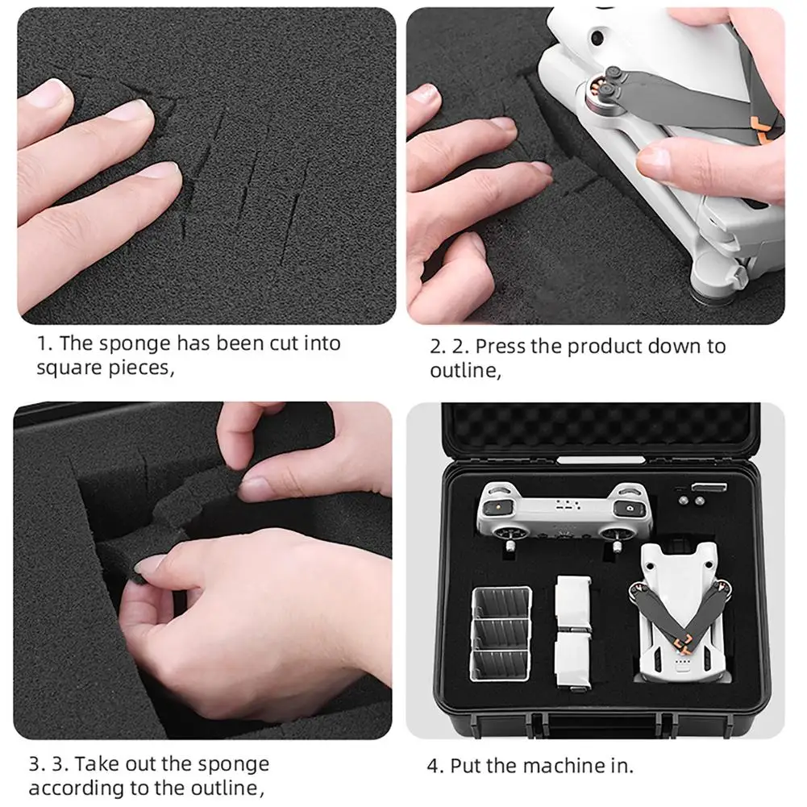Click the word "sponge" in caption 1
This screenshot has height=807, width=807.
pyautogui.click(x=135, y=344)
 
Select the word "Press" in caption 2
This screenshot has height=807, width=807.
pyautogui.click(x=501, y=347)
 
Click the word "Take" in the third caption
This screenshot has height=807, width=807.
pyautogui.click(x=97, y=763)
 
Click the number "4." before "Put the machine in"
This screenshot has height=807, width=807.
pyautogui.click(x=435, y=766)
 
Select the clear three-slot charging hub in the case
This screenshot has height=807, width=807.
pyautogui.click(x=501, y=633)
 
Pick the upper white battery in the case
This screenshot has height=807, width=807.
pyautogui.click(x=572, y=602)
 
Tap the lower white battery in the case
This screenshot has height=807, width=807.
pyautogui.click(x=572, y=659)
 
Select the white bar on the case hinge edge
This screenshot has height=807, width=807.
pyautogui.click(x=601, y=460)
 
